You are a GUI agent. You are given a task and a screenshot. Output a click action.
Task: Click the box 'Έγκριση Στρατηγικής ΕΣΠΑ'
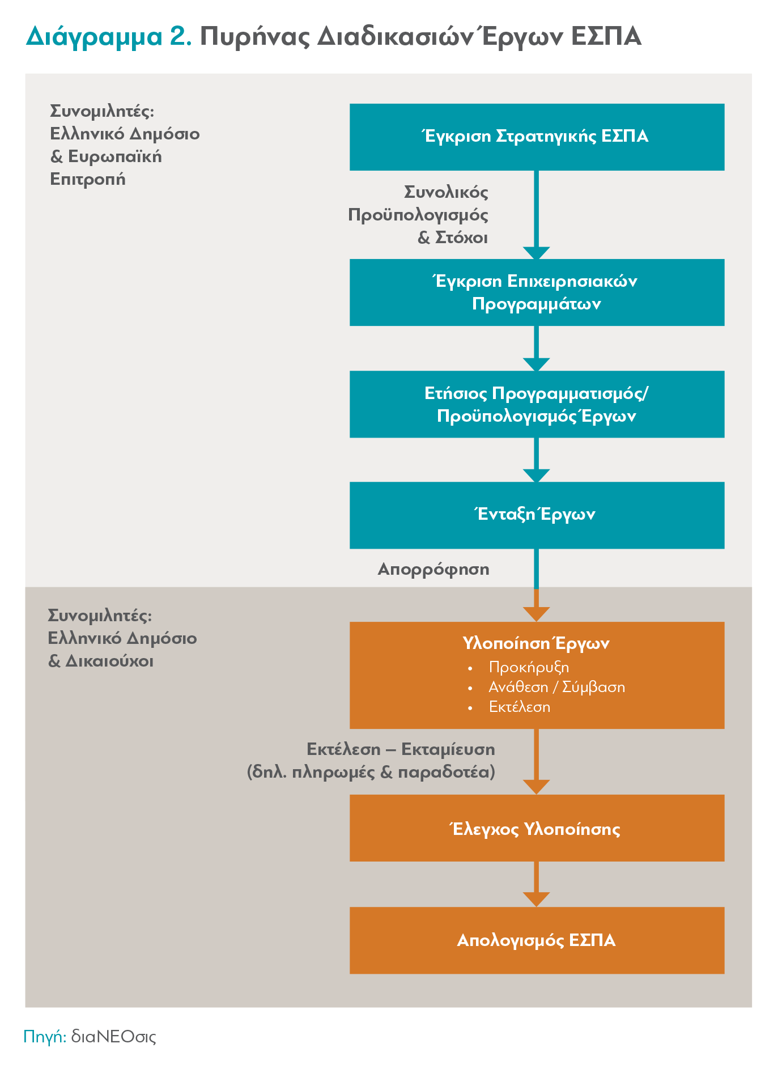(x=537, y=137)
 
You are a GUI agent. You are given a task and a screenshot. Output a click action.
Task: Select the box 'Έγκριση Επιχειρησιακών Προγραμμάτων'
(x=537, y=292)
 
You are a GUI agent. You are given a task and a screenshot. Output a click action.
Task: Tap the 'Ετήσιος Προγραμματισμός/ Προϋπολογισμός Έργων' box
(x=537, y=404)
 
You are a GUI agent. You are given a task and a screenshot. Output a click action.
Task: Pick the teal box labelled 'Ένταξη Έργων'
(x=537, y=515)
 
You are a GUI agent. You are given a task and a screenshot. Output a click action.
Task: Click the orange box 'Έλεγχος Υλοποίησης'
(x=537, y=828)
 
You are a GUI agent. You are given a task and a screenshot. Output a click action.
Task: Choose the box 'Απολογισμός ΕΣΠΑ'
(x=537, y=940)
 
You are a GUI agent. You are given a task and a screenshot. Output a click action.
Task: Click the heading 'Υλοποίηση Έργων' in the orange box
(x=536, y=643)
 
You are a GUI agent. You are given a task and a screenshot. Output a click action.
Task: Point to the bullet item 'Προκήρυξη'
(x=529, y=668)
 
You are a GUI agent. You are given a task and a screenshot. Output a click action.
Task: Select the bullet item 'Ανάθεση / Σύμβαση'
(x=556, y=688)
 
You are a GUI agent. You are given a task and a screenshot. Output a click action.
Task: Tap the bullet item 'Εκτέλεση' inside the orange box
(x=520, y=707)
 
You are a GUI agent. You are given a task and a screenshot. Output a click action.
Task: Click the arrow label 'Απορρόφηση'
(x=433, y=570)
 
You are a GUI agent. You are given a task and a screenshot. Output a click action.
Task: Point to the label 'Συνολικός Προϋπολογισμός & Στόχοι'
(x=418, y=215)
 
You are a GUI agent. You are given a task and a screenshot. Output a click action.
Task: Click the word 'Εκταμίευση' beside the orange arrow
(x=448, y=749)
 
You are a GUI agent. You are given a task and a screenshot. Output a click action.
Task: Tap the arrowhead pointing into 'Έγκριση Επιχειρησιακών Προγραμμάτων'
(x=537, y=253)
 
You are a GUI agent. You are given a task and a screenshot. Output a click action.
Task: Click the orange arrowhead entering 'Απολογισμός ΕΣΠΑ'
(x=537, y=900)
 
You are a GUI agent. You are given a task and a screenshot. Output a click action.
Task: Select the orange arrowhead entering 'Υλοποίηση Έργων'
(x=537, y=614)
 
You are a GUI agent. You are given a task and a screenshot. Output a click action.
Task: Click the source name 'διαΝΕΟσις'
(x=113, y=1037)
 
